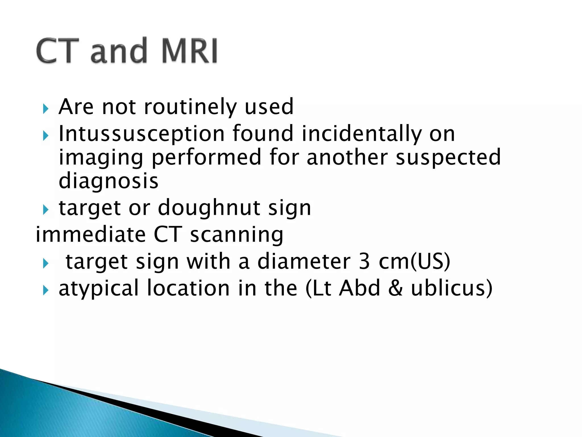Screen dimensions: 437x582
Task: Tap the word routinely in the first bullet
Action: pos(190,107)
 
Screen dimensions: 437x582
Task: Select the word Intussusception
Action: pos(142,134)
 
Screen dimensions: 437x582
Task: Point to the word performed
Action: pos(206,157)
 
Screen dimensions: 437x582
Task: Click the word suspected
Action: pos(448,157)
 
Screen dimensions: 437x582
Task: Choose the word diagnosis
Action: pos(108,181)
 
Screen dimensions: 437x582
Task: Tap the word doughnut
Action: pos(209,208)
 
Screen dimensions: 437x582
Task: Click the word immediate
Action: pos(91,234)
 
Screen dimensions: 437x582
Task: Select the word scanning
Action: pos(236,235)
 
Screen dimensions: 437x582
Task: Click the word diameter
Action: pos(304,261)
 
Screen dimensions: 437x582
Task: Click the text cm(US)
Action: pos(415,261)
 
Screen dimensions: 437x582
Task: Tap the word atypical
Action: pos(99,288)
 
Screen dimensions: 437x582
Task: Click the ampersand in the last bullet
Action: pos(395,288)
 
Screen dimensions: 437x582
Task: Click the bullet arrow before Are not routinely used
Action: pos(46,109)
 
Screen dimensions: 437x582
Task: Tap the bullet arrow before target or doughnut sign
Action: pos(46,210)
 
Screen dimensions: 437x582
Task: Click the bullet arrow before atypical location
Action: pos(46,290)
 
